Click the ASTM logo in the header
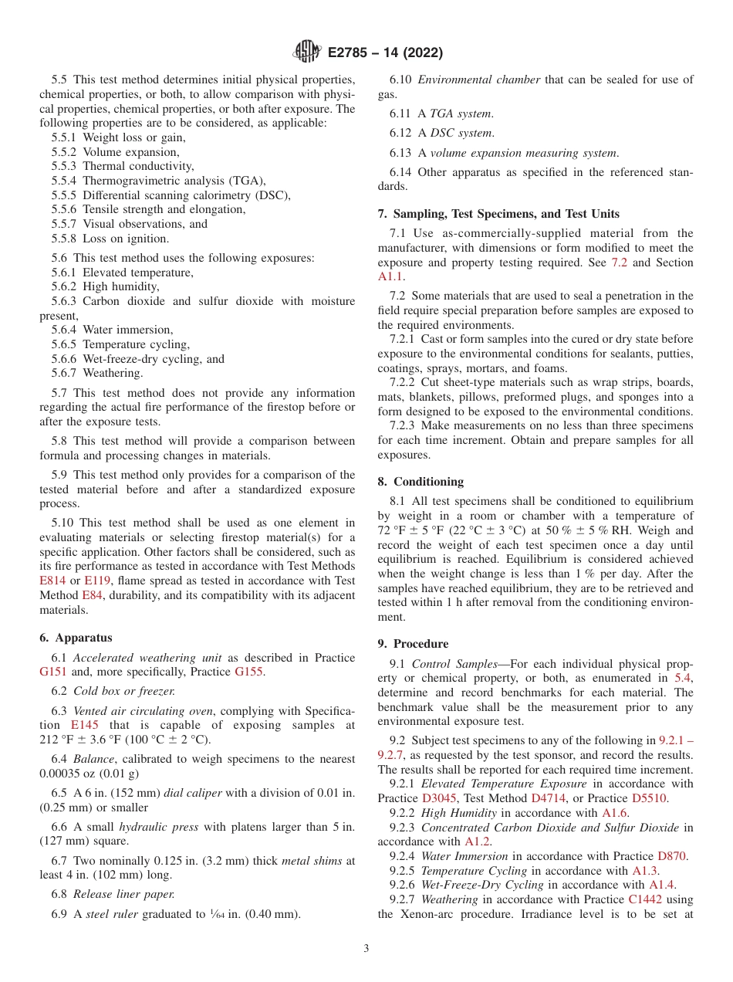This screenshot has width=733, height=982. click(x=306, y=52)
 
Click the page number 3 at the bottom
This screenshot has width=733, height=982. click(x=366, y=948)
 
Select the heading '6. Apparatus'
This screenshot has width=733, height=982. click(x=76, y=638)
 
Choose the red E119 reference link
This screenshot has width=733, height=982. click(x=97, y=581)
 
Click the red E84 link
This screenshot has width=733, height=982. click(x=92, y=595)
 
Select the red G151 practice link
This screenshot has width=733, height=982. click(x=54, y=672)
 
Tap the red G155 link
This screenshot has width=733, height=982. click(x=249, y=672)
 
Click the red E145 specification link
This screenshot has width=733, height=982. click(x=85, y=725)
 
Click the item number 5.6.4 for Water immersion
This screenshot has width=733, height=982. click(x=66, y=330)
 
